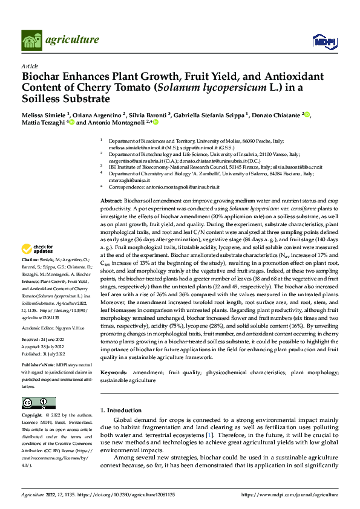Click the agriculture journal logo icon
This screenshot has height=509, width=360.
[x=31, y=41]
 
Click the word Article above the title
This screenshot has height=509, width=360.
[x=29, y=66]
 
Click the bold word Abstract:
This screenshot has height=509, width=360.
[x=111, y=200]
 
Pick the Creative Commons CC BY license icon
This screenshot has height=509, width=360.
[x=39, y=403]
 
